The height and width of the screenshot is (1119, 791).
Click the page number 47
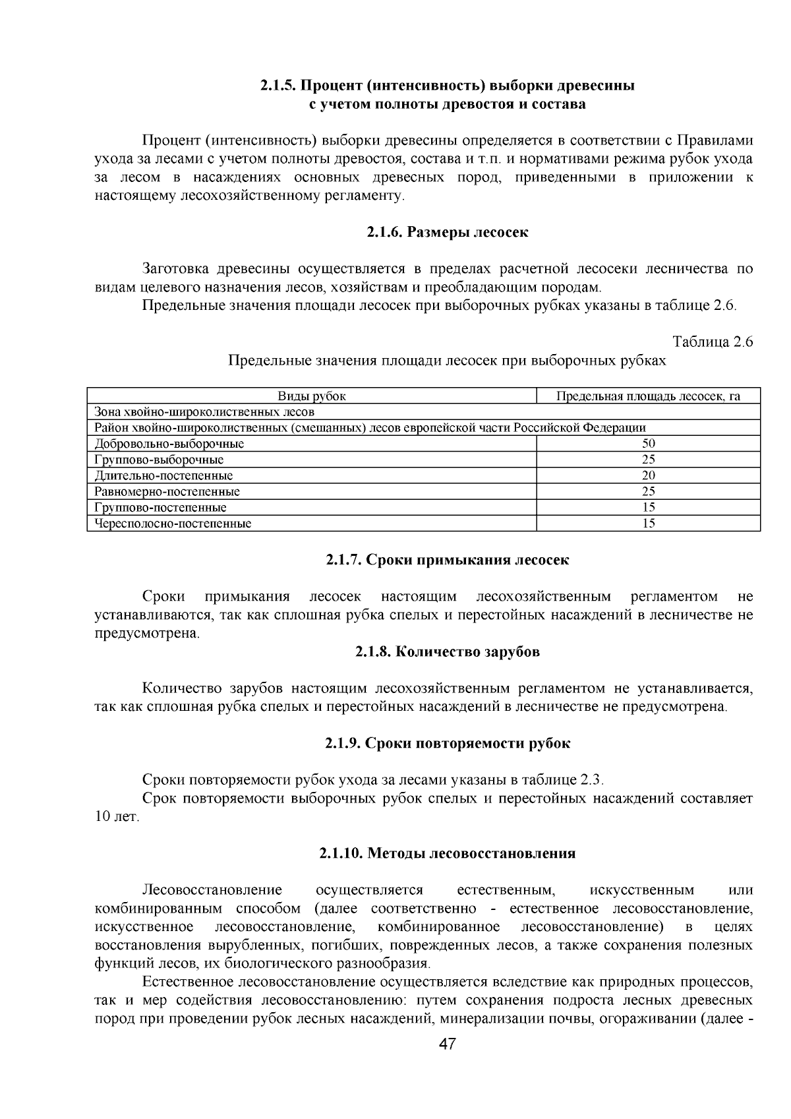click(448, 1044)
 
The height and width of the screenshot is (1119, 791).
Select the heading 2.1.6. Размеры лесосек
click(448, 232)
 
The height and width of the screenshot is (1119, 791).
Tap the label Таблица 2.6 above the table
click(712, 342)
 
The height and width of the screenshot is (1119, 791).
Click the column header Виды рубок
click(312, 396)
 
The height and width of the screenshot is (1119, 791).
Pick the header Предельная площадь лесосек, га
click(648, 396)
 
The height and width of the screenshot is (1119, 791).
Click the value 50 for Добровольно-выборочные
click(648, 444)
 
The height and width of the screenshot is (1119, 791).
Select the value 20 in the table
click(648, 475)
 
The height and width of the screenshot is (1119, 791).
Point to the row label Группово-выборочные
click(159, 460)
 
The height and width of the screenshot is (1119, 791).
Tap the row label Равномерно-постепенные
click(167, 492)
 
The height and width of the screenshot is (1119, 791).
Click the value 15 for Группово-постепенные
click(648, 508)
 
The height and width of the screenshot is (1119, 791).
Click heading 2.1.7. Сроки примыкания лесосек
click(448, 560)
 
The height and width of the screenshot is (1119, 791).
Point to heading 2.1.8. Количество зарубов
click(448, 651)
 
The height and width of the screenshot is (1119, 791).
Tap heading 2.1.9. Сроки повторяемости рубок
click(448, 743)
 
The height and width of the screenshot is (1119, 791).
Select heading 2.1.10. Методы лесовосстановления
click(448, 853)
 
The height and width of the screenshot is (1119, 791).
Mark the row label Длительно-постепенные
click(163, 475)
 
